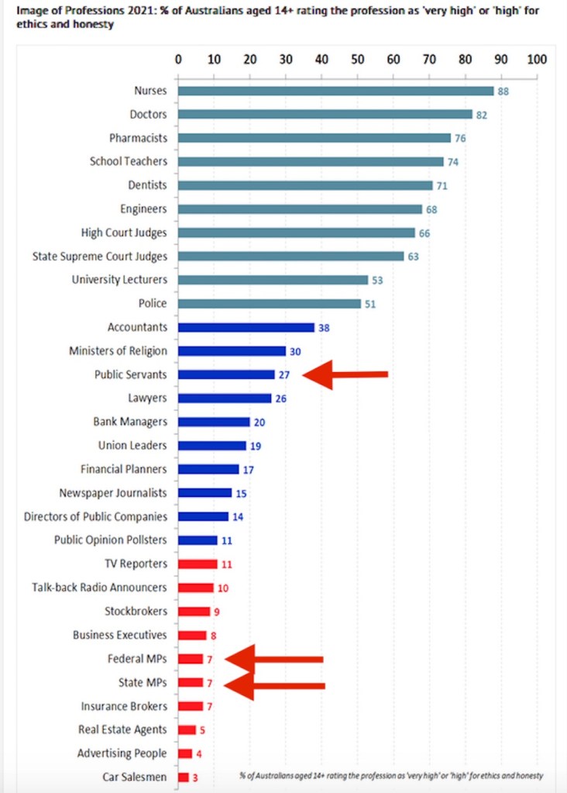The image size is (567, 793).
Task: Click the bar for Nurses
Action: click(x=335, y=91)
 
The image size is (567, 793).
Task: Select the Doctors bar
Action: click(x=325, y=114)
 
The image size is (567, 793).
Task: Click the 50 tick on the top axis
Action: click(x=357, y=59)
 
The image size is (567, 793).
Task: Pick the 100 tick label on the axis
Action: click(x=536, y=59)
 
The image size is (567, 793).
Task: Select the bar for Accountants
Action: click(x=246, y=327)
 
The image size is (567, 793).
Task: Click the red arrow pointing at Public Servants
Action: click(x=345, y=375)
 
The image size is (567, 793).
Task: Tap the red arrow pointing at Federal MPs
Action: click(x=274, y=659)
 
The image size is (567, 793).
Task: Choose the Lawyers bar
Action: click(x=225, y=398)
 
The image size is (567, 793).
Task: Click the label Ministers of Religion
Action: click(x=118, y=350)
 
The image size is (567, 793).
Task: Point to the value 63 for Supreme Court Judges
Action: click(x=413, y=257)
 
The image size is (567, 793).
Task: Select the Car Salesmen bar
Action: click(x=184, y=777)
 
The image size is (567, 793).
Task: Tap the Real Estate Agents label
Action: click(x=122, y=729)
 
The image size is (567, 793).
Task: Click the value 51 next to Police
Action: click(x=370, y=305)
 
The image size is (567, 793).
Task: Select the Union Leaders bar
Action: click(x=212, y=446)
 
